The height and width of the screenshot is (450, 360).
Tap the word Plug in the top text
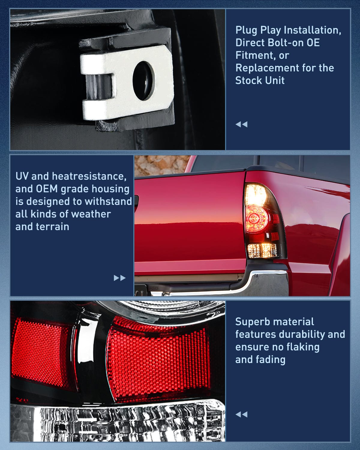pyautogui.click(x=246, y=30)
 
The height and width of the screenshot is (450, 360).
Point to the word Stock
pyautogui.click(x=247, y=80)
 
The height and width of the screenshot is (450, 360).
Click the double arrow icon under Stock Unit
pyautogui.click(x=241, y=124)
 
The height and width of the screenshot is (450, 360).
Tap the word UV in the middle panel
pyautogui.click(x=22, y=176)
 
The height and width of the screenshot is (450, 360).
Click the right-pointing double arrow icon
pyautogui.click(x=119, y=278)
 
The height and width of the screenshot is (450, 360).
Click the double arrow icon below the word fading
pyautogui.click(x=241, y=414)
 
